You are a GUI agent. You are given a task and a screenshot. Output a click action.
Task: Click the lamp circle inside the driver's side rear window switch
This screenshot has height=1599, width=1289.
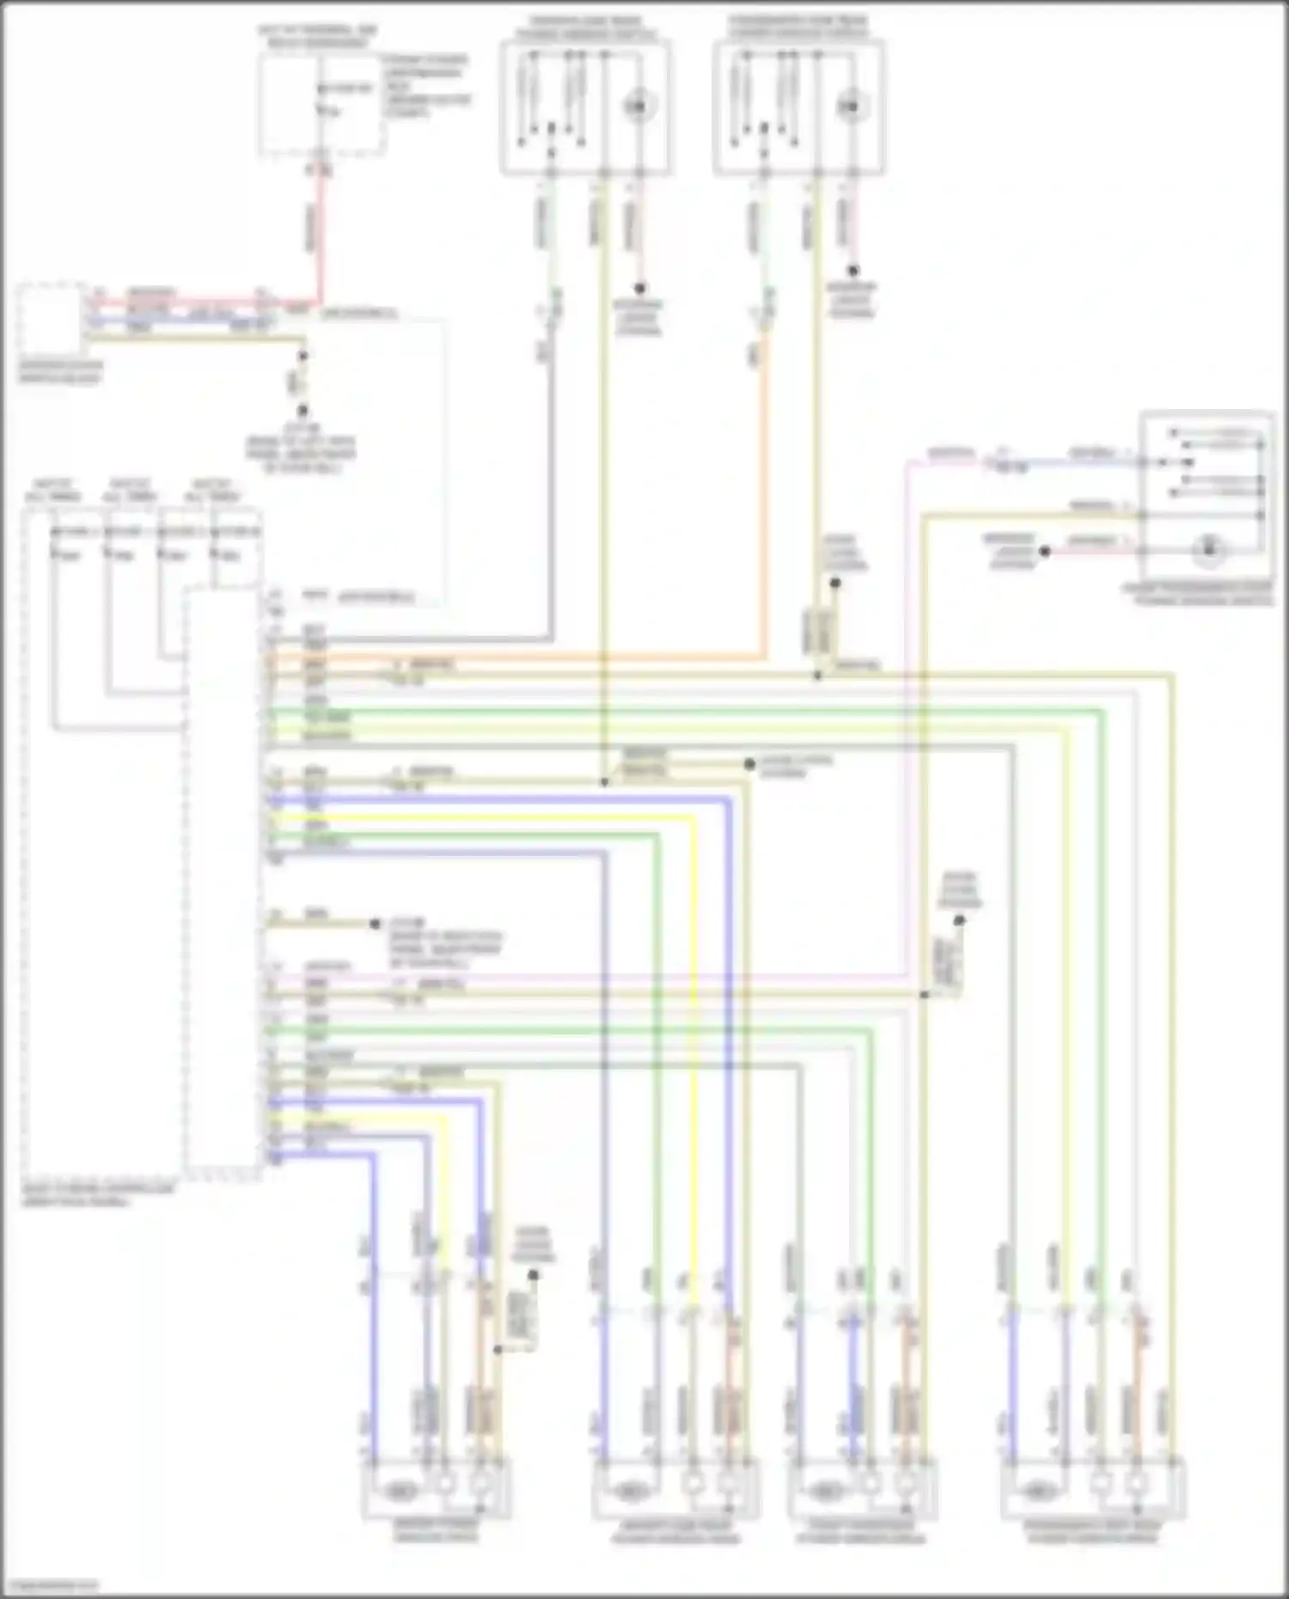(x=638, y=106)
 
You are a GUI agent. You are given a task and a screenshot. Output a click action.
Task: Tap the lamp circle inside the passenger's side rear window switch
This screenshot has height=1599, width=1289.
(x=849, y=106)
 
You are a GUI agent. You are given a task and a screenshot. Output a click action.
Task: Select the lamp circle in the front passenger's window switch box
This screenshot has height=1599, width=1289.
(x=1208, y=547)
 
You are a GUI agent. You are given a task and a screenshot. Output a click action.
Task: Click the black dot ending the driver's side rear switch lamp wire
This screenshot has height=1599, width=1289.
(x=639, y=290)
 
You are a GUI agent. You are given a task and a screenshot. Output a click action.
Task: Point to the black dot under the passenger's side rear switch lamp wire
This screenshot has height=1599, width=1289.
(x=852, y=272)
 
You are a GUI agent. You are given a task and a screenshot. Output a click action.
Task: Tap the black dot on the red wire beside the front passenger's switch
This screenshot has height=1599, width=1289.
(x=1045, y=552)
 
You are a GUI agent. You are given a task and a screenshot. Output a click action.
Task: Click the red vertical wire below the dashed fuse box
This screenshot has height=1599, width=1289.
(x=319, y=232)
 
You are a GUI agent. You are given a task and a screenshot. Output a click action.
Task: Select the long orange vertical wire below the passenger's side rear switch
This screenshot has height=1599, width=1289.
(x=761, y=516)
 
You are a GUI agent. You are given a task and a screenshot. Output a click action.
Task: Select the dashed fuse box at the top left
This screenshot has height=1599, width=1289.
(x=320, y=105)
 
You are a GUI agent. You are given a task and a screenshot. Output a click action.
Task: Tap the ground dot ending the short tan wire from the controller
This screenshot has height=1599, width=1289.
(x=375, y=925)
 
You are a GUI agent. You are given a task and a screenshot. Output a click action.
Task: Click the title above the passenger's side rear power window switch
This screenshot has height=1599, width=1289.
(x=798, y=26)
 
